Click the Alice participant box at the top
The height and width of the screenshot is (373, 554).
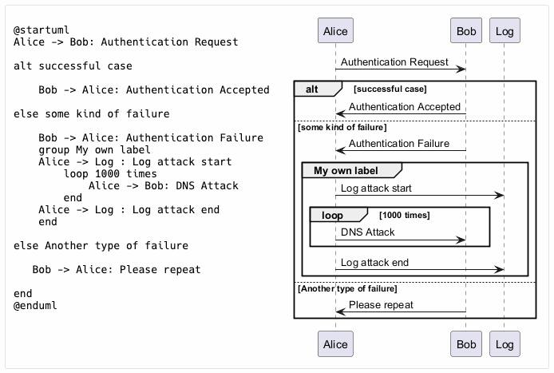click(335, 31)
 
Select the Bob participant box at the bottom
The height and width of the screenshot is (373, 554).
click(466, 343)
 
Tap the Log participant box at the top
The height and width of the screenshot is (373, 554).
click(505, 31)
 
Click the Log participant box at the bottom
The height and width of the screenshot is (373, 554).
click(505, 343)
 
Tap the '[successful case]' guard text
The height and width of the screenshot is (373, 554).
click(390, 89)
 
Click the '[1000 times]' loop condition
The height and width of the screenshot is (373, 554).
click(404, 215)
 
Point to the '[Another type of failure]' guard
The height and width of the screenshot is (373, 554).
click(347, 288)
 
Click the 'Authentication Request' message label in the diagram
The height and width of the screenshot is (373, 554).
click(394, 62)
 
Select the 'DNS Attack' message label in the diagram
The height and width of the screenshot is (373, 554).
click(367, 232)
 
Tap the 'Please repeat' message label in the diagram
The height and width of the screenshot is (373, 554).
click(381, 305)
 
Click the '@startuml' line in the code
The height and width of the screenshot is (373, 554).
click(42, 30)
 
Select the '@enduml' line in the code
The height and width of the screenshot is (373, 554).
click(35, 305)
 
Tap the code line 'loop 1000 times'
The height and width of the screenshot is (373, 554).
click(110, 173)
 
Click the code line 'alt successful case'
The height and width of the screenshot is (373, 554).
click(73, 65)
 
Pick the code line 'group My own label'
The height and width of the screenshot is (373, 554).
click(95, 150)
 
